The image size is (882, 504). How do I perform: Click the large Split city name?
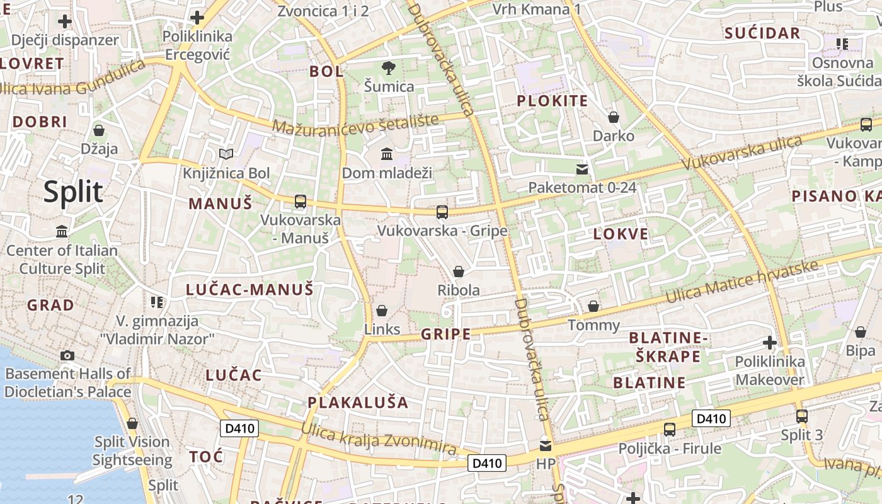coord(73,192)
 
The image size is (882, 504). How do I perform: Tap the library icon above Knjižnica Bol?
coord(226,154)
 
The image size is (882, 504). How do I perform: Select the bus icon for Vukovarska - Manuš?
coord(301,202)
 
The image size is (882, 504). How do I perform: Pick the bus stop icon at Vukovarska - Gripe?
coord(442,212)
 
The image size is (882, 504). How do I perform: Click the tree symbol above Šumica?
coord(389,67)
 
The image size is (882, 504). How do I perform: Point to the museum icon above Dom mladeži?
coord(387,154)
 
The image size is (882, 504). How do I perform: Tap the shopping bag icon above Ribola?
coord(459,272)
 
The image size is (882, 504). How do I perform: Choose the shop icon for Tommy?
coord(593,306)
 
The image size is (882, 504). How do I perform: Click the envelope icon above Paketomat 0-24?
coord(582,169)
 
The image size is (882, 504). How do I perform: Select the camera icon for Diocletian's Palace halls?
coord(67,355)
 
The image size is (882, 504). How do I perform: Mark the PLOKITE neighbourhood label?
coord(553,101)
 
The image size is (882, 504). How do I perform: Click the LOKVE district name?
coord(621,234)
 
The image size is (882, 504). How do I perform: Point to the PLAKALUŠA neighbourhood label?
coord(358,402)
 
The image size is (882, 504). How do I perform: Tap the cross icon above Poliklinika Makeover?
coord(769,343)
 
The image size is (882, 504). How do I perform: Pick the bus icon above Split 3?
coord(802,416)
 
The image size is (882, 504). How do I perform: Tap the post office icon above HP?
coord(546,446)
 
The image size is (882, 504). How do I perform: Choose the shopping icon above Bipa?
coord(861,332)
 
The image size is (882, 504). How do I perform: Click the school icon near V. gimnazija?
coord(157,302)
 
